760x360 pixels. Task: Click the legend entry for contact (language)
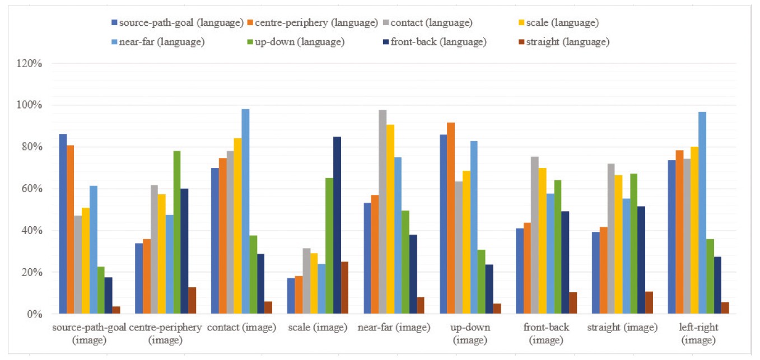coord(427,23)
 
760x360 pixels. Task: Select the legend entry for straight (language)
coord(564,42)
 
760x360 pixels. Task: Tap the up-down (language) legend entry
coord(296,42)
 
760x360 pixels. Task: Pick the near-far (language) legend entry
coord(158,42)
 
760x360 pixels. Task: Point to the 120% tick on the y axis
coord(30,63)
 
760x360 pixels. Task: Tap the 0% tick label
coord(34,314)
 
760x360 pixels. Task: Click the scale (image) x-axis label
coord(318,328)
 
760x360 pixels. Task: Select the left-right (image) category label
coord(698,334)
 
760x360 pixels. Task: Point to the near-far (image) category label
coord(394,328)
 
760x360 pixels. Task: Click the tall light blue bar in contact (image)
coord(245,212)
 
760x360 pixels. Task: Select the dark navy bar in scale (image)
coord(337,225)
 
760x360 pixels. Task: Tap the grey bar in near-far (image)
coord(383,212)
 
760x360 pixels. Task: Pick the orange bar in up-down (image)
coord(451,218)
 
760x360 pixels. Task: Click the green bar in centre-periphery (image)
coord(177,232)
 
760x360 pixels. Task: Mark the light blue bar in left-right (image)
coord(702,213)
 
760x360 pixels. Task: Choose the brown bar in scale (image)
coord(344,288)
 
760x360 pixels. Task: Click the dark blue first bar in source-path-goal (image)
coord(63,224)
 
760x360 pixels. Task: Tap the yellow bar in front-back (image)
coord(542,241)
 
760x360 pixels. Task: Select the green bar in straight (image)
coord(633,244)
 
